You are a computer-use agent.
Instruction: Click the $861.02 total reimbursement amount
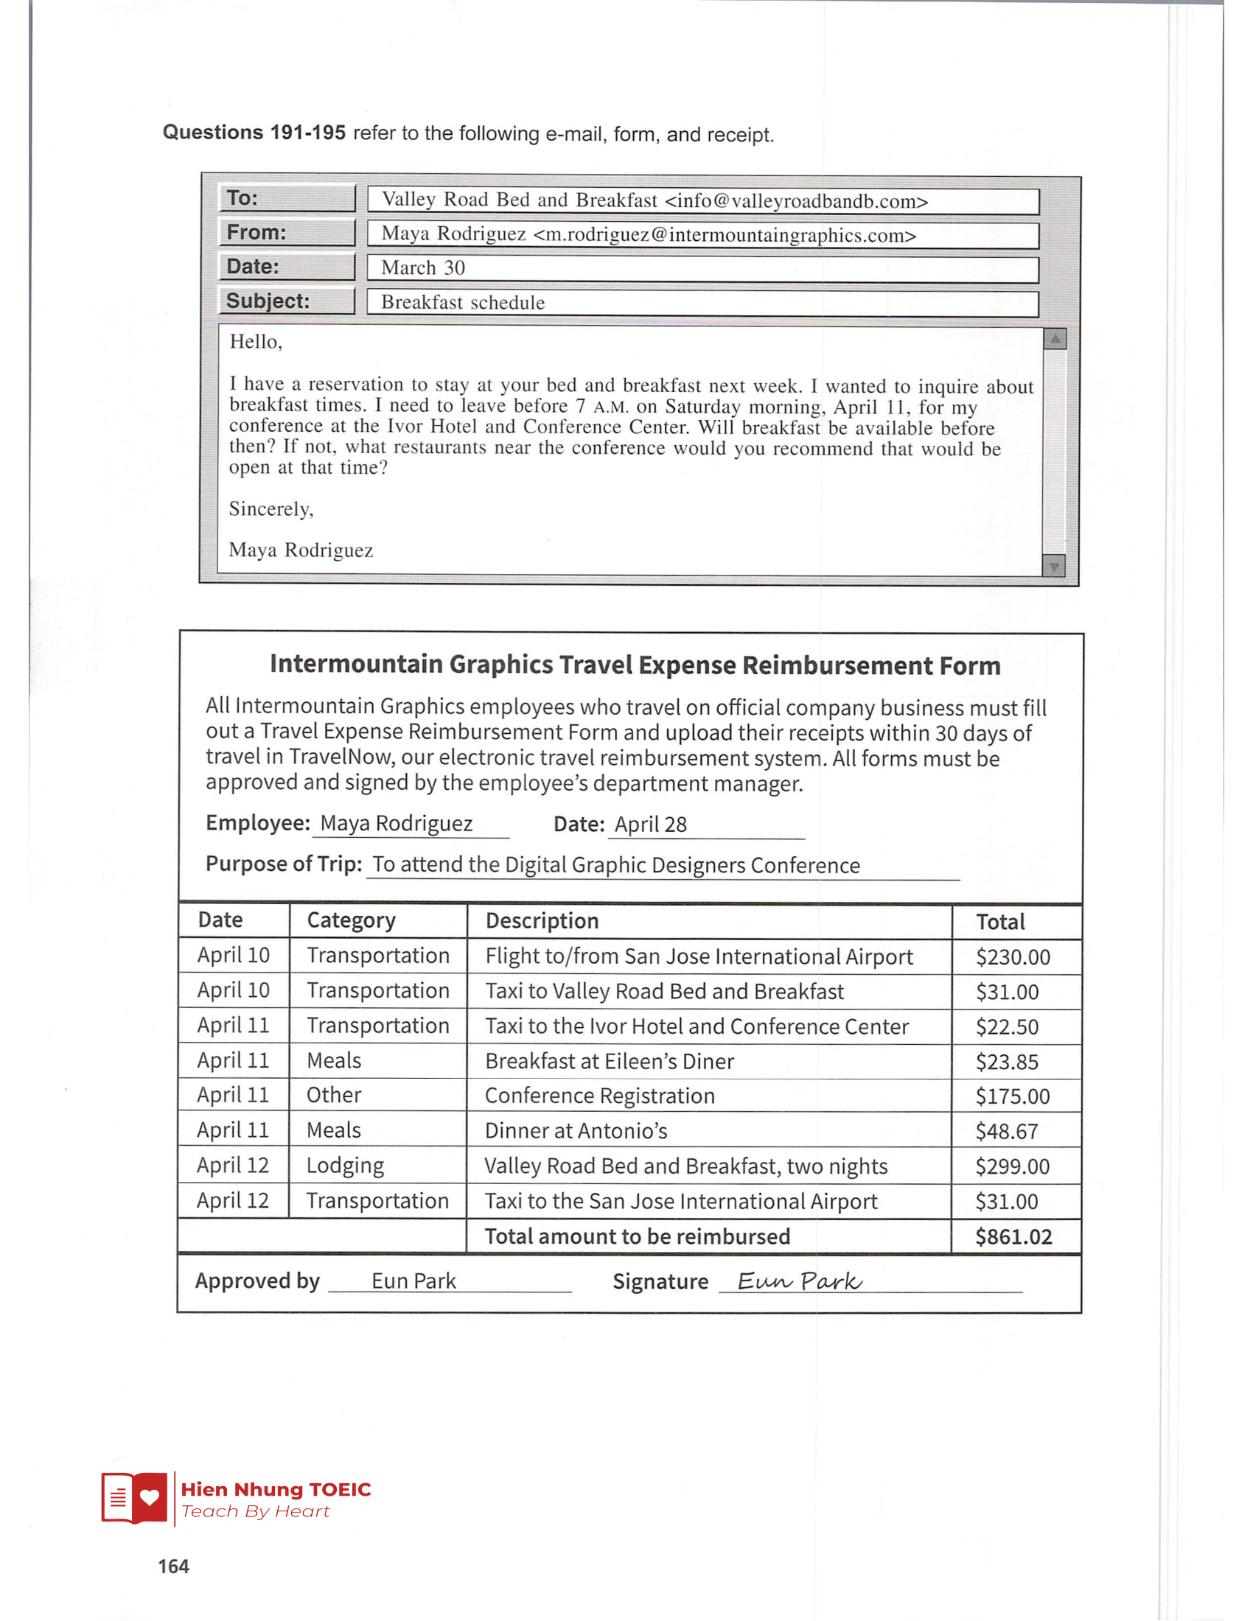click(x=1013, y=1237)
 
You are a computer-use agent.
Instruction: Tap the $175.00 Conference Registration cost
click(x=1013, y=1096)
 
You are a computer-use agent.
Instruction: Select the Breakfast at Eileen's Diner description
click(x=610, y=1061)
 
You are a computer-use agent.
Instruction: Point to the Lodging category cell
click(x=345, y=1166)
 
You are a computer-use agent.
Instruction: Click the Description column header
click(x=542, y=921)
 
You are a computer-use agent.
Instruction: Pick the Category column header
click(x=351, y=920)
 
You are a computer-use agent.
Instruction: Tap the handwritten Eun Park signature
click(x=800, y=1282)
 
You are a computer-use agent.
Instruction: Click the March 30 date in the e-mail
click(x=423, y=268)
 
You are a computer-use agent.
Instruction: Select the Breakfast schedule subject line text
click(x=462, y=303)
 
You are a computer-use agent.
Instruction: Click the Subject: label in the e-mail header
click(x=268, y=301)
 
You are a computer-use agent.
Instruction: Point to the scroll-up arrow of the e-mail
click(x=1054, y=339)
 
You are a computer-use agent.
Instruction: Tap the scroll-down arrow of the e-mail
click(x=1053, y=567)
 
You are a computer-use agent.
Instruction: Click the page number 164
click(x=174, y=1566)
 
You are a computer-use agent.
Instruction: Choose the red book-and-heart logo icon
click(x=134, y=1497)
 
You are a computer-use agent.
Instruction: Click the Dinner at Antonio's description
click(x=576, y=1131)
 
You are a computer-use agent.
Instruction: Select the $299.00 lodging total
click(x=1013, y=1167)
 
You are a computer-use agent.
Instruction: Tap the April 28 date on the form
click(x=650, y=824)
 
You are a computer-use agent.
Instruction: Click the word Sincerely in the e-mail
click(x=271, y=509)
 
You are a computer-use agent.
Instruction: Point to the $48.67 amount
click(x=1007, y=1132)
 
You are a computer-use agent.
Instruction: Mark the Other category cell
click(x=334, y=1096)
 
